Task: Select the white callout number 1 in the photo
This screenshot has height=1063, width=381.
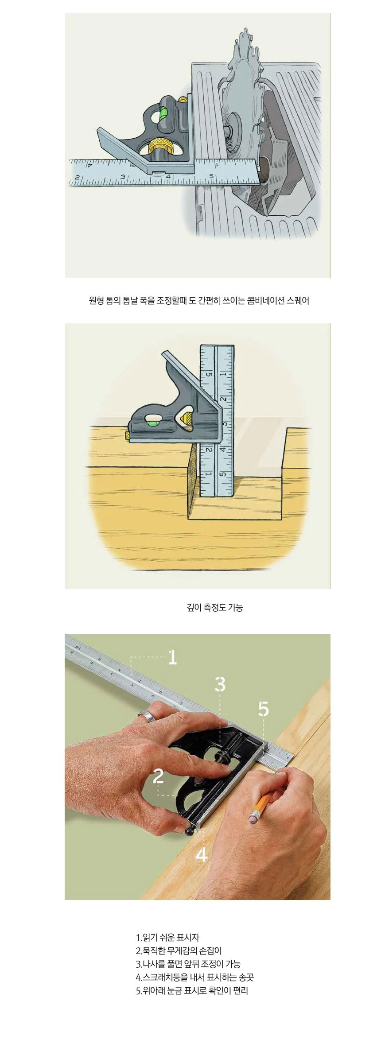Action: click(x=173, y=657)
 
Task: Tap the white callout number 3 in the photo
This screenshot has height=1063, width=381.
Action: click(x=220, y=684)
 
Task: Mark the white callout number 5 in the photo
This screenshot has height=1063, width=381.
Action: click(x=263, y=709)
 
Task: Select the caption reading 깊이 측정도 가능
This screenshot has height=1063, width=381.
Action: click(x=215, y=607)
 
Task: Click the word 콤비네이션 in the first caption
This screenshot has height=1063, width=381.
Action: click(x=264, y=300)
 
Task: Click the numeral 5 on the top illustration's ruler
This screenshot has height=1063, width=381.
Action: click(x=212, y=176)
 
